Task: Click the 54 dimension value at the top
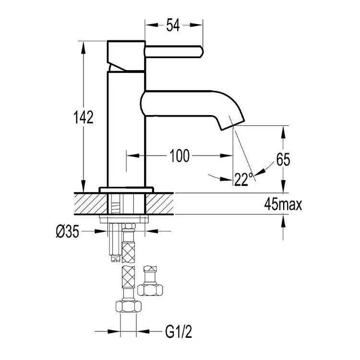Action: click(x=173, y=25)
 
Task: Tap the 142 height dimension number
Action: click(x=84, y=117)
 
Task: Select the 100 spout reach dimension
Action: click(x=180, y=156)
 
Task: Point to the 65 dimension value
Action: click(x=283, y=159)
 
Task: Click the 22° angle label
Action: click(x=243, y=180)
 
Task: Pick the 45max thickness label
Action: click(x=283, y=204)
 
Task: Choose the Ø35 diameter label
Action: click(x=68, y=231)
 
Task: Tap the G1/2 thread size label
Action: click(x=179, y=332)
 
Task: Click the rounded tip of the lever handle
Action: click(x=201, y=52)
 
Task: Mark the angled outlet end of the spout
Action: click(x=233, y=125)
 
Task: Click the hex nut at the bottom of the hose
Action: click(x=128, y=306)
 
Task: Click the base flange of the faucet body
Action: click(x=126, y=190)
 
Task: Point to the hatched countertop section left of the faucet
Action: click(x=91, y=204)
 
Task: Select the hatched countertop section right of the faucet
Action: click(x=159, y=204)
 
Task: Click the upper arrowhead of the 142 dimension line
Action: click(x=84, y=48)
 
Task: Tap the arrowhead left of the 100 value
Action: click(x=133, y=156)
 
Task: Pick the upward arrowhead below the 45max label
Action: click(x=283, y=221)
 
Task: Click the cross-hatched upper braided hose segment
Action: click(x=128, y=253)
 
